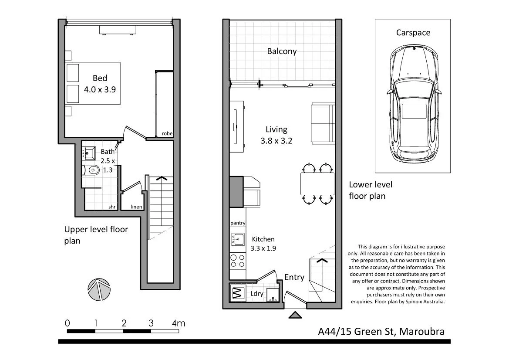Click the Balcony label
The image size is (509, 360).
coord(282,51)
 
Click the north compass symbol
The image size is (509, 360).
coord(98,289)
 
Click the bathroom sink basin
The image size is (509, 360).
coord(90,153)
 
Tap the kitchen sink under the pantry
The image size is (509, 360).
coord(238,239)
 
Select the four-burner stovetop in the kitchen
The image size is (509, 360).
coord(238,260)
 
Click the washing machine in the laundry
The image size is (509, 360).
coord(237,293)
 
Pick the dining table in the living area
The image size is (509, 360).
coord(317,183)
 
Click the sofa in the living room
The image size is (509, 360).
coord(323,124)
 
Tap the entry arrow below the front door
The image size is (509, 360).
coord(295,315)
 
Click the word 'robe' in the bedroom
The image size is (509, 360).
coord(167,134)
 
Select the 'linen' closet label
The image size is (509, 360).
coord(136,207)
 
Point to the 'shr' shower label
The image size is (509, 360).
coord(112,207)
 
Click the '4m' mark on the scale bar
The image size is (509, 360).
coord(178,323)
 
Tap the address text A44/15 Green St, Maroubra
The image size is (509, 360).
coord(381,332)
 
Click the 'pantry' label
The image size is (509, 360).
coord(238,223)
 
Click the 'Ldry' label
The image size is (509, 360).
coord(256,294)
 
